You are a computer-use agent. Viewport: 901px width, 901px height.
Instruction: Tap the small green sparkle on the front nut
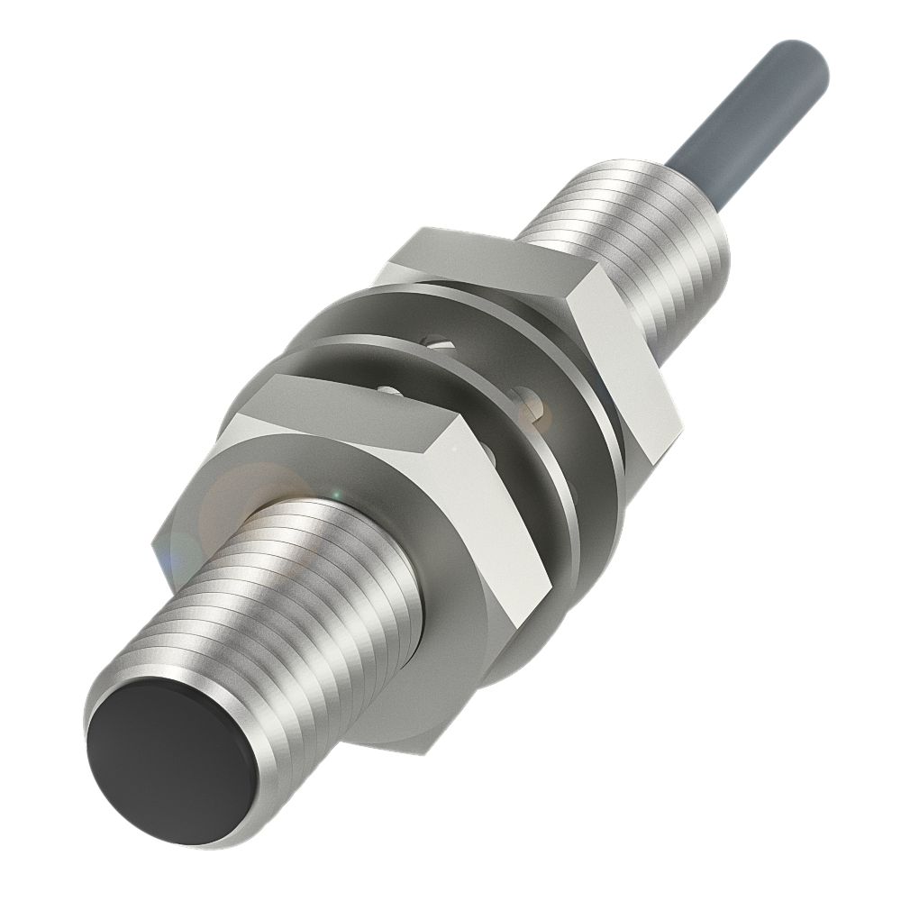(334, 492)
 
